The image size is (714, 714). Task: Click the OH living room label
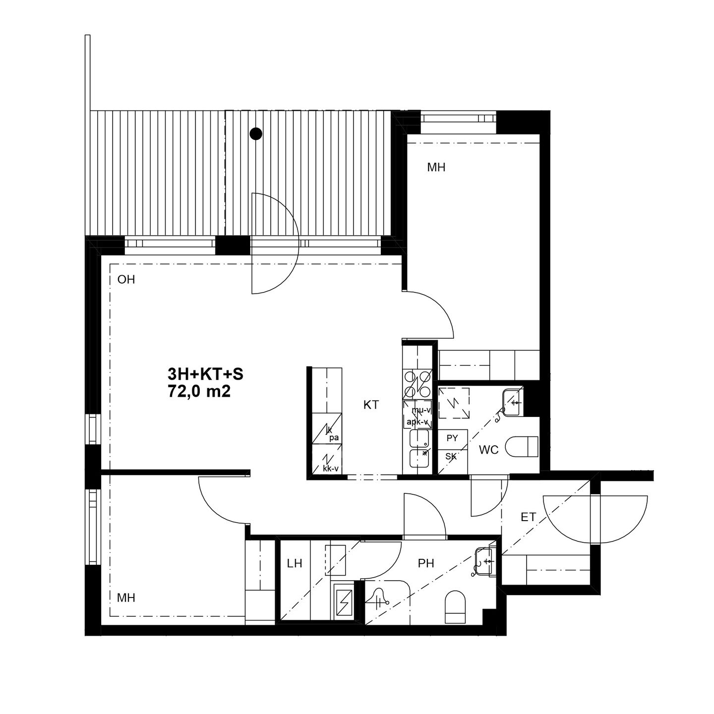126,280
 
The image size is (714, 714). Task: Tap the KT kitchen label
371,405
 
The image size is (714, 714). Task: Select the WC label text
489,450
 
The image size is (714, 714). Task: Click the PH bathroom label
426,564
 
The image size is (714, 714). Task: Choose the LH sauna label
295,564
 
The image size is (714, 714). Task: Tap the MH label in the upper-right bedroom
436,168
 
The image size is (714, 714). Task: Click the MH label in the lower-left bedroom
126,597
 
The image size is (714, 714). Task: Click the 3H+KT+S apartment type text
205,374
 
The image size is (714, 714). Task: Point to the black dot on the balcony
256,133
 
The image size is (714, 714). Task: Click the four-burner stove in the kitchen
417,384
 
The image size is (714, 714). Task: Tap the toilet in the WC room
522,446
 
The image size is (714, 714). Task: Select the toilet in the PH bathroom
455,606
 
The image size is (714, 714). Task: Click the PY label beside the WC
452,438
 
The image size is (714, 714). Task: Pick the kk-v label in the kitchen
331,469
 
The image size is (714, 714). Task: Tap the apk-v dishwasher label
417,421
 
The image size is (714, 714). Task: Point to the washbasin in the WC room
512,402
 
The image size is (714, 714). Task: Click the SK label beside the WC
451,457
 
